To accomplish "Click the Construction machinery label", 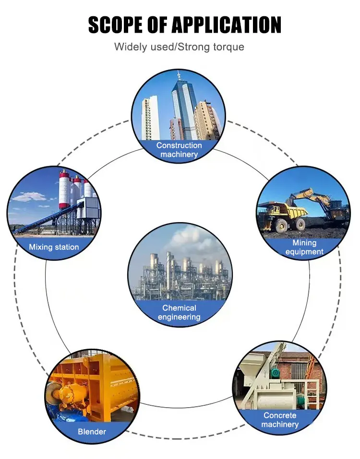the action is [179, 150].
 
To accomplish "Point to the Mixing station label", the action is [54, 247].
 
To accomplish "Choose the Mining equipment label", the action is [304, 247].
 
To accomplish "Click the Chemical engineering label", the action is [179, 312].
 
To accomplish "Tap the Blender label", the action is [92, 431].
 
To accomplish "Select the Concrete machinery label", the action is [280, 420].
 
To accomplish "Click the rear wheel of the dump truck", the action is [300, 224].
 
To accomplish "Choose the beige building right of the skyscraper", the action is [206, 120].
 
